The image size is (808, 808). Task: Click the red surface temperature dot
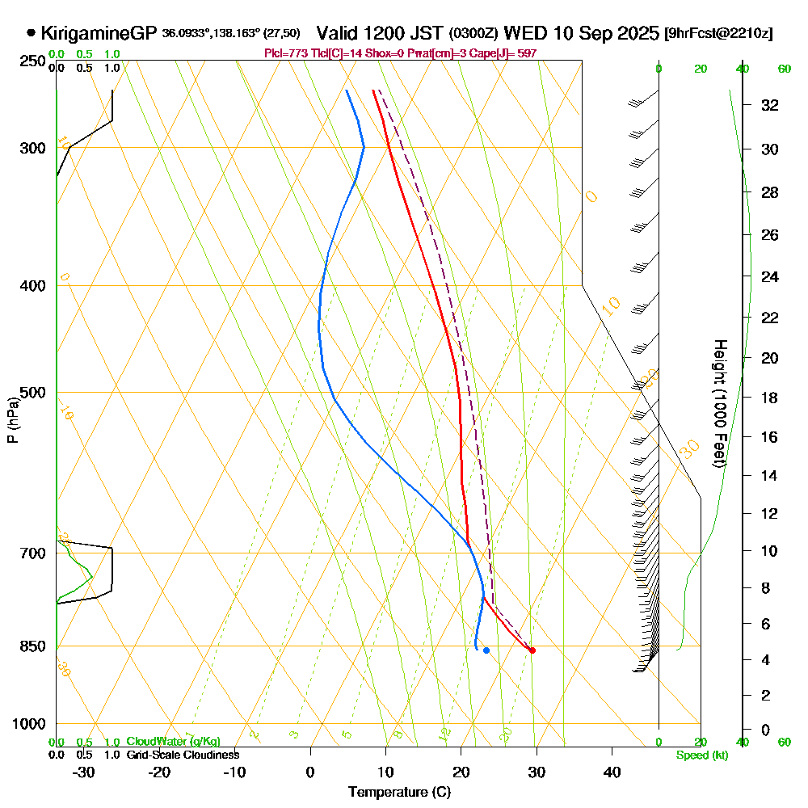(x=532, y=650)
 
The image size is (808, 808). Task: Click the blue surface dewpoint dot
(x=486, y=650)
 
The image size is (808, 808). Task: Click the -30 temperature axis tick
(x=84, y=772)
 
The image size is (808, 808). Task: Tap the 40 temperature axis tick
(x=612, y=772)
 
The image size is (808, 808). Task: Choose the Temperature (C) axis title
(x=399, y=793)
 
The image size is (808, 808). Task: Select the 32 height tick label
(x=770, y=105)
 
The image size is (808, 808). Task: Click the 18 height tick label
(x=770, y=398)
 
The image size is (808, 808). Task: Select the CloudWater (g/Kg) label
(x=173, y=742)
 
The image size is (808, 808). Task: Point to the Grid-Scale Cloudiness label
(x=182, y=755)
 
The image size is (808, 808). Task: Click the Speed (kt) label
(x=700, y=755)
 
